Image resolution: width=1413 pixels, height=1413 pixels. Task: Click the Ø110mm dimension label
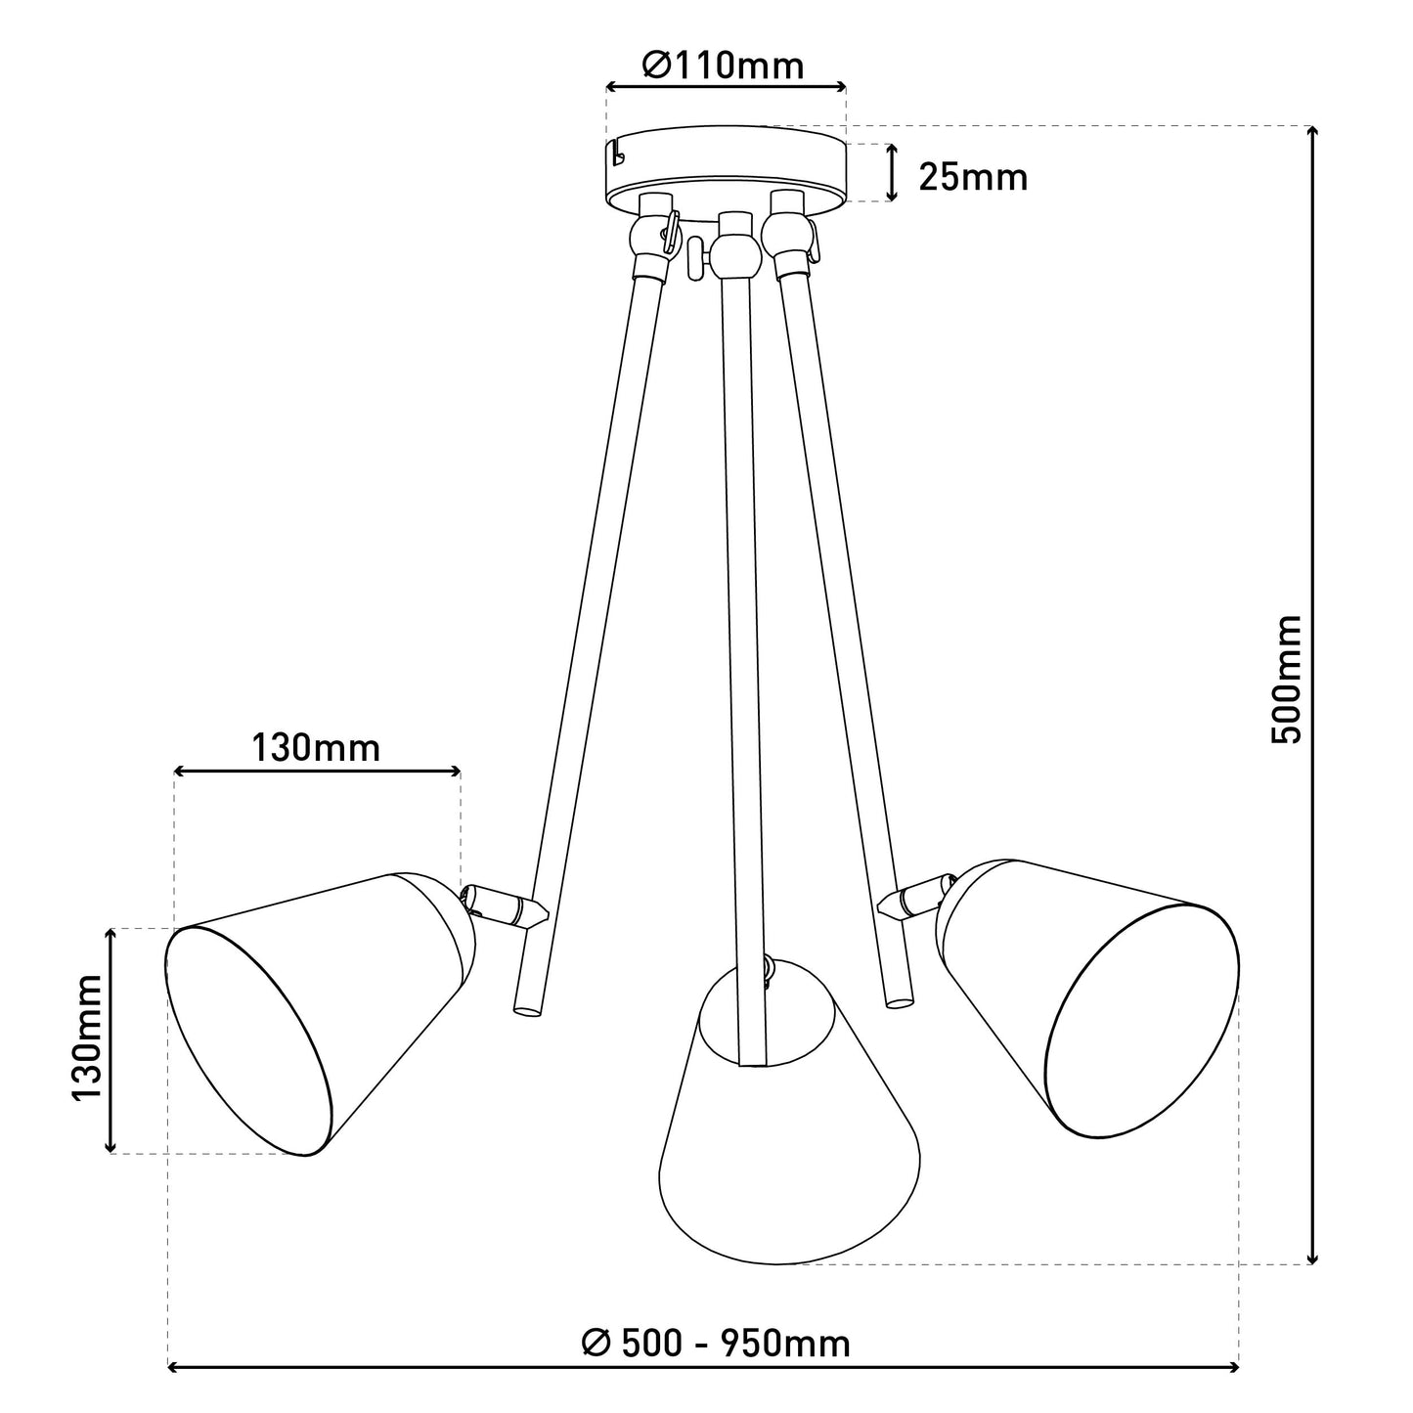click(723, 66)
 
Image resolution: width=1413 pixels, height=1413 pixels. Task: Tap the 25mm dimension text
click(973, 177)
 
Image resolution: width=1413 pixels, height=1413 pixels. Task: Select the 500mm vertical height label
click(1286, 680)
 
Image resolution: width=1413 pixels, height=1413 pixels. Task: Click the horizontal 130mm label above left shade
click(316, 749)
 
